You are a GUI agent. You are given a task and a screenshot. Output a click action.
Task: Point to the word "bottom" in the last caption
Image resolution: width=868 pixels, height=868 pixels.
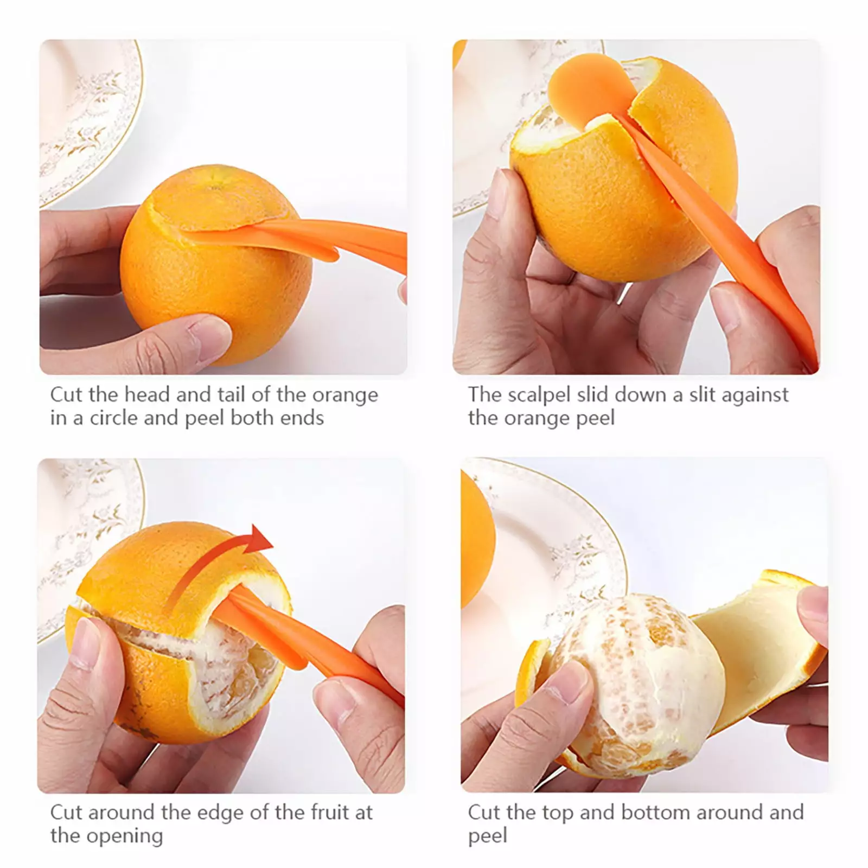(x=656, y=812)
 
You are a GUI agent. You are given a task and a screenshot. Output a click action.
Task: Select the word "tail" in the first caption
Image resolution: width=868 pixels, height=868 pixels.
(x=233, y=394)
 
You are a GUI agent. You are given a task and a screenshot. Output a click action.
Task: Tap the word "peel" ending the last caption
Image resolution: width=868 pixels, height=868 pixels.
(x=488, y=836)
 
